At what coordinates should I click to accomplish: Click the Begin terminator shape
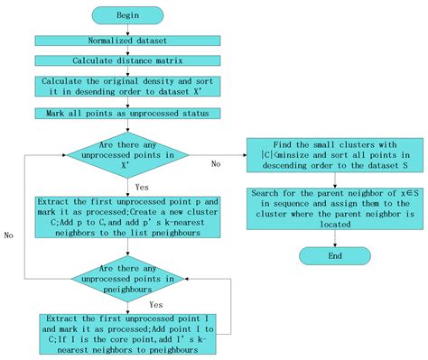(x=128, y=16)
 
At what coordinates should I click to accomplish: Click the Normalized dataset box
(x=127, y=42)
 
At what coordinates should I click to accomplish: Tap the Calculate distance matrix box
(x=127, y=62)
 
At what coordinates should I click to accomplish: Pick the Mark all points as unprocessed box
(x=127, y=114)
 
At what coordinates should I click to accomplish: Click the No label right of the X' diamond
(x=216, y=164)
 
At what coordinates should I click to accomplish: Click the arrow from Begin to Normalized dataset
(x=127, y=30)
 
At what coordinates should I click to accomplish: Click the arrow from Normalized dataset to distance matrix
(x=127, y=51)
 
